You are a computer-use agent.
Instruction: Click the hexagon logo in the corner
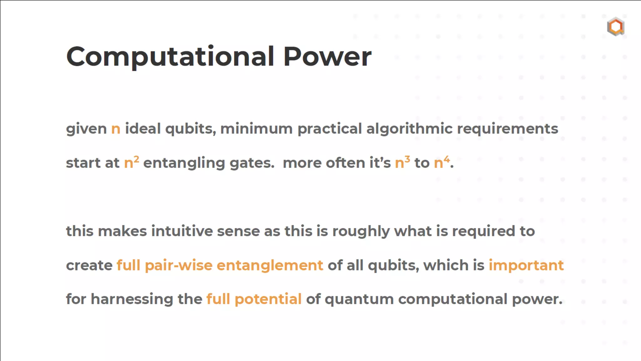coord(616,27)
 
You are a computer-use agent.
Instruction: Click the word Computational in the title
coord(170,56)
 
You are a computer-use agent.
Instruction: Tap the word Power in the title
coord(327,56)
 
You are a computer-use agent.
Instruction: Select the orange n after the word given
coord(116,129)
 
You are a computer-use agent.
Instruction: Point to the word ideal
coord(143,129)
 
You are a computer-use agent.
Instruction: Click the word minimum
coord(256,129)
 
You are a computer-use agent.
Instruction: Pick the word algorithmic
coord(409,129)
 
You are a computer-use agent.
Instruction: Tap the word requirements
coord(507,129)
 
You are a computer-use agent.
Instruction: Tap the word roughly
coord(361,231)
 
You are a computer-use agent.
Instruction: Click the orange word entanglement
coord(270,265)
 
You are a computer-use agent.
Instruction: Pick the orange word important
coord(526,265)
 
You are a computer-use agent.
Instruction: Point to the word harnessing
coord(132,299)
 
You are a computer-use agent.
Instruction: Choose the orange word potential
coord(268,299)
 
